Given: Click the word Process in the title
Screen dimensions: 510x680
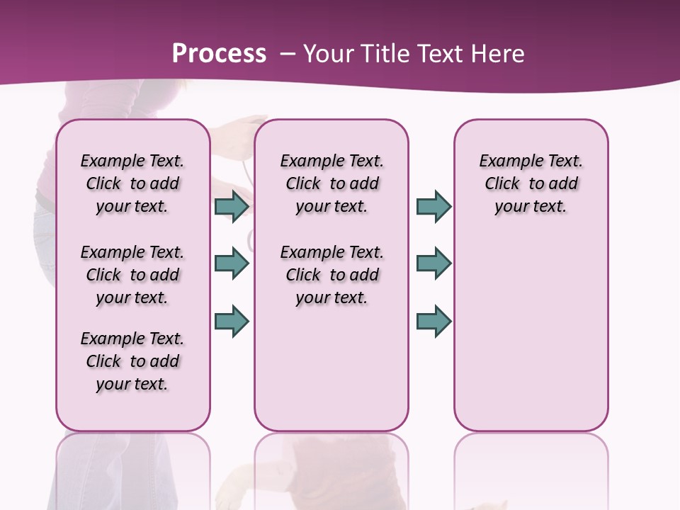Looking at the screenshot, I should tap(219, 54).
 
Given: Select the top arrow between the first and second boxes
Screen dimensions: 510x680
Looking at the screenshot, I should tap(232, 207).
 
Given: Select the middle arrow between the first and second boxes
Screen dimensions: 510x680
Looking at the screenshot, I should tap(232, 264).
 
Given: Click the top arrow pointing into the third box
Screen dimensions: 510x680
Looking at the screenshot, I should tap(433, 207).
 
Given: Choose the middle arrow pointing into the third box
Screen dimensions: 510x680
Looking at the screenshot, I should tap(433, 264).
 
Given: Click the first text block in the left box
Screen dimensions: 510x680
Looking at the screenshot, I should tap(132, 183).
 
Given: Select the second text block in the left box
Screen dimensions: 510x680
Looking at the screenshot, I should tap(132, 275).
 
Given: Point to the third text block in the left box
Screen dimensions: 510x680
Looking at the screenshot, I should tap(132, 361).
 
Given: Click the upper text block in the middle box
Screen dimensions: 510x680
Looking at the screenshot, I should tap(331, 183).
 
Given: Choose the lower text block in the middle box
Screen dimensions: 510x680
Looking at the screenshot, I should tap(331, 275).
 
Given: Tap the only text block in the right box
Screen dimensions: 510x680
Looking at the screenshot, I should tap(531, 183).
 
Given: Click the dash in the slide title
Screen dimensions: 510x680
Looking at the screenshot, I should tap(288, 54).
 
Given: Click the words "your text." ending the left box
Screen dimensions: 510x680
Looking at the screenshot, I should tap(132, 385).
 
